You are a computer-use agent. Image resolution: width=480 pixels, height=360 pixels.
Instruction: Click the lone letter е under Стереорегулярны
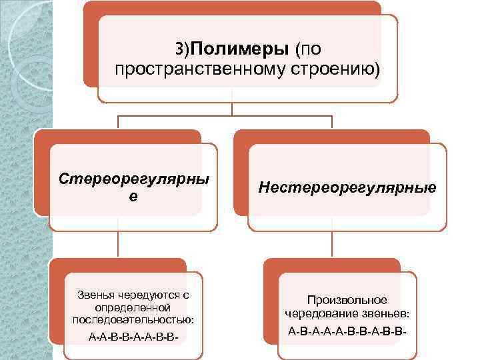133,198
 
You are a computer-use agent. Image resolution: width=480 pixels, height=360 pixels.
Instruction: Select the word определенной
133,307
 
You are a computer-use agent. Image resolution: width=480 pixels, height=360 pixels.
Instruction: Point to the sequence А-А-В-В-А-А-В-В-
133,337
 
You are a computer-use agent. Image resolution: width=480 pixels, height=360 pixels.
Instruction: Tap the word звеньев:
387,313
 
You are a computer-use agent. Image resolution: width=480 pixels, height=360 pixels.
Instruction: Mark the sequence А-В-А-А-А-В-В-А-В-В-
347,331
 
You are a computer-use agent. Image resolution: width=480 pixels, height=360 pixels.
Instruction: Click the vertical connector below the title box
232,109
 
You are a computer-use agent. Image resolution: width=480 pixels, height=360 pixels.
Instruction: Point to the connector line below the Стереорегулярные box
119,243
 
